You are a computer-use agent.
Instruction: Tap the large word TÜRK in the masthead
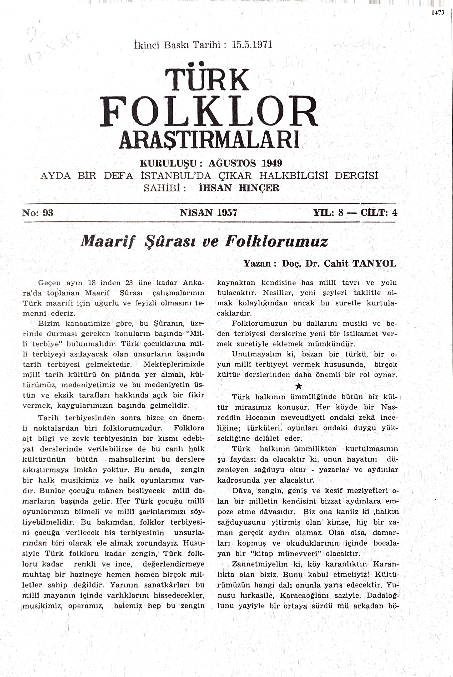206,79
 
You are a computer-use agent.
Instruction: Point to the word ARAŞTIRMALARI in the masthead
209,140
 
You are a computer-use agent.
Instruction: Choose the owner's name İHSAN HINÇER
239,188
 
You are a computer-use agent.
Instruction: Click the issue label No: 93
38,213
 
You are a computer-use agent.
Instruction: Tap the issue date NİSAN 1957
208,213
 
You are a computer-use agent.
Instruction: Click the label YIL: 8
328,213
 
